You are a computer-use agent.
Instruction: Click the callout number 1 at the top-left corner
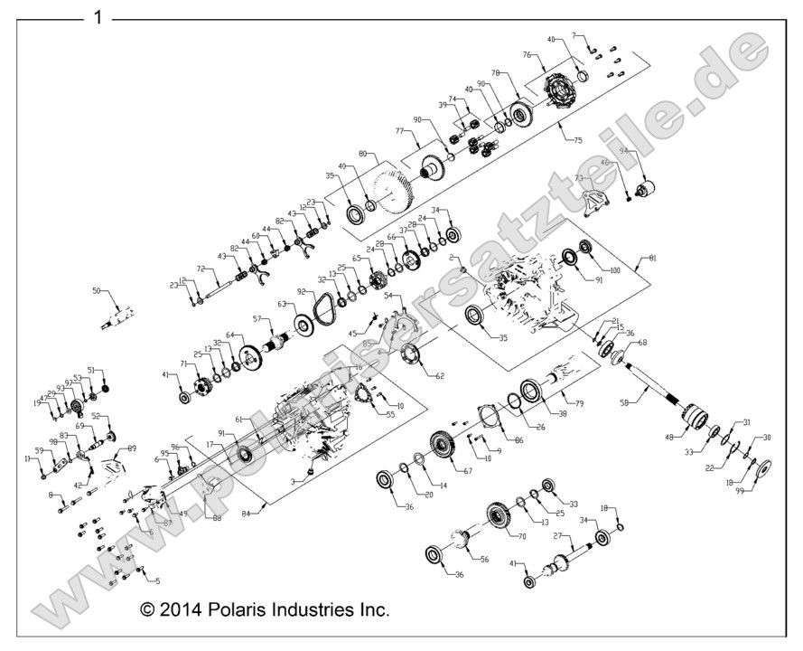(x=98, y=16)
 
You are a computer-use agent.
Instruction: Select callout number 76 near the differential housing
(x=527, y=54)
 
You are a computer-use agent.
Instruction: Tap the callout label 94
(x=623, y=151)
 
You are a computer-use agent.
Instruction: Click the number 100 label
(x=615, y=270)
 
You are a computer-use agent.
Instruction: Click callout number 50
(x=98, y=291)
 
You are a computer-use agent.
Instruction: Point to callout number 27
(x=558, y=536)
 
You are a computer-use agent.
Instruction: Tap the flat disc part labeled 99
(x=762, y=471)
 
